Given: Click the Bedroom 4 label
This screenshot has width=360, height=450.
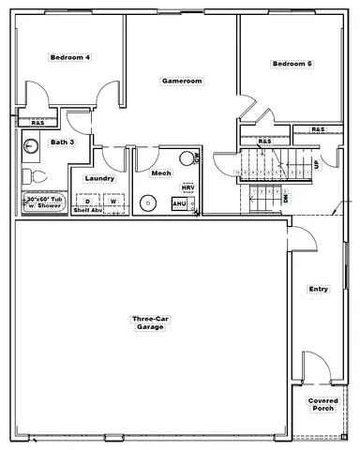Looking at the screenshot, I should (x=69, y=57).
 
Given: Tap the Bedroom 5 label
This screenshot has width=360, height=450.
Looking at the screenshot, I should (x=292, y=64).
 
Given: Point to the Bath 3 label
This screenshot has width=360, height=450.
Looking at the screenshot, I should (x=62, y=142).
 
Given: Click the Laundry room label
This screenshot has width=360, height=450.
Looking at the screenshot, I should (x=99, y=178).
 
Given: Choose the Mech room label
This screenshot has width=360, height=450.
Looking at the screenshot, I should (x=159, y=172).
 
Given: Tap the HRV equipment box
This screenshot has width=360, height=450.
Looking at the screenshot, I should (x=187, y=187).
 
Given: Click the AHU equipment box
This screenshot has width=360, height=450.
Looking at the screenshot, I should (x=179, y=202).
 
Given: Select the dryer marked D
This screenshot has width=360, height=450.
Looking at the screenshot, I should (x=88, y=201).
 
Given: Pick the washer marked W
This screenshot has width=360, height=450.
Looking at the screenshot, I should (x=112, y=201).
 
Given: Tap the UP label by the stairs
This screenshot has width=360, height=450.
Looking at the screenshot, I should (x=316, y=165).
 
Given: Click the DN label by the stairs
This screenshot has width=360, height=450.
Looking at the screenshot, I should (x=285, y=198).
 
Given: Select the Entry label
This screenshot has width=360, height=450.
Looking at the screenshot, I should (x=318, y=290).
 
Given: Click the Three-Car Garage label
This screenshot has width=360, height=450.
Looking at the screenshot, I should (x=148, y=323).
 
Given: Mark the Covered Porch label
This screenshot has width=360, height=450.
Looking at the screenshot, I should (x=322, y=404).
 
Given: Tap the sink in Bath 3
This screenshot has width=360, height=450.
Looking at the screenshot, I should (x=30, y=145).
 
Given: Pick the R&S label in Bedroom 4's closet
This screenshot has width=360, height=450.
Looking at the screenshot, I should (x=38, y=123).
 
